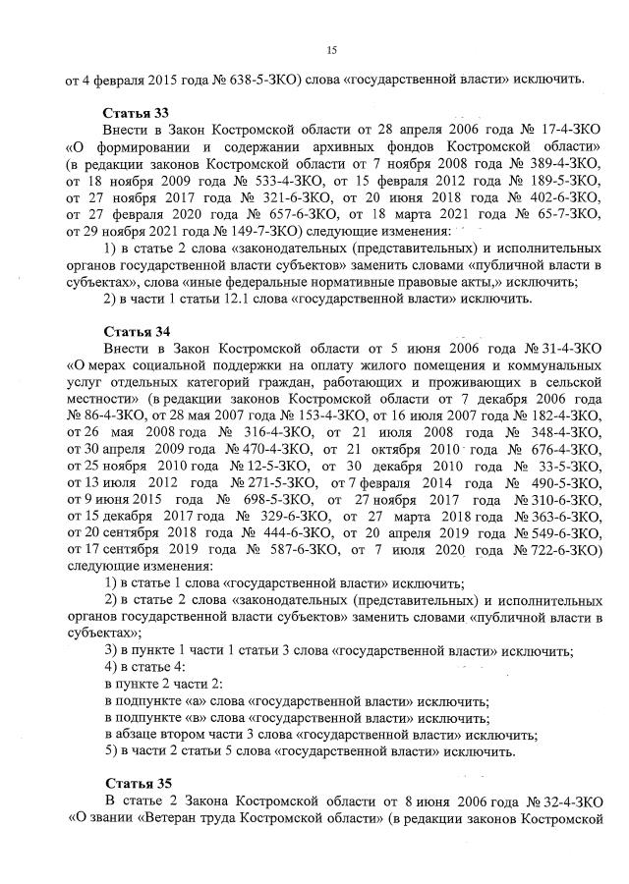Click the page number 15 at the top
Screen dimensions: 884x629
[330, 49]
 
